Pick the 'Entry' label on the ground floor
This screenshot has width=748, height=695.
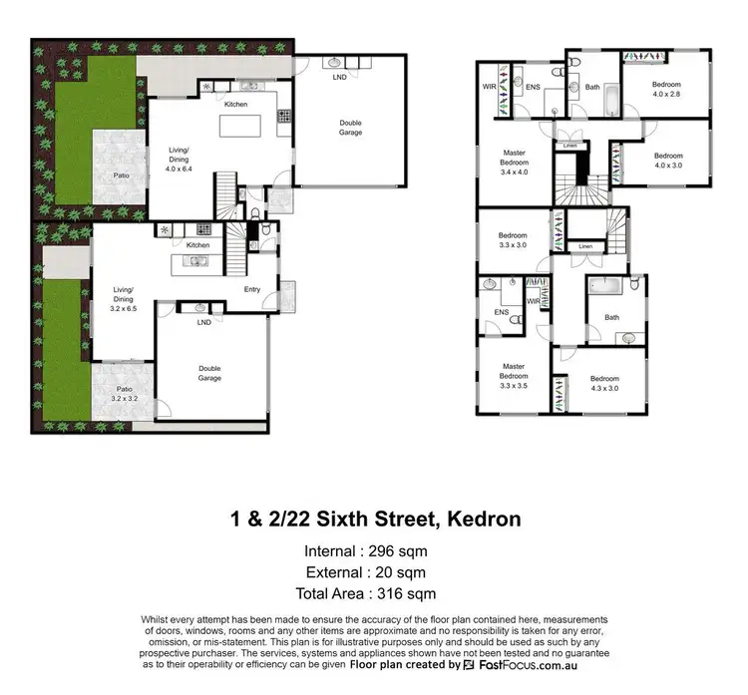coord(253,290)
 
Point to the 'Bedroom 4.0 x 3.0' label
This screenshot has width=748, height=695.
coord(668,160)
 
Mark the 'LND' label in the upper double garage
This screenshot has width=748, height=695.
coord(339,77)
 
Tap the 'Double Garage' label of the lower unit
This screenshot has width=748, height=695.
coord(209,373)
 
